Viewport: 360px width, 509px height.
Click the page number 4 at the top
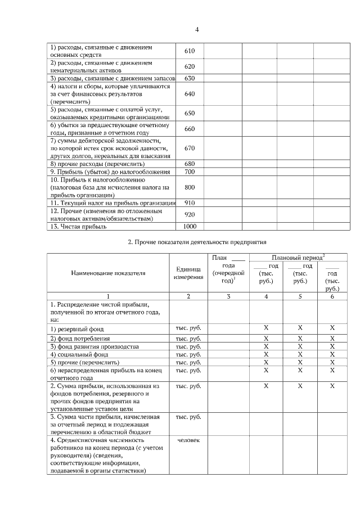click(197, 30)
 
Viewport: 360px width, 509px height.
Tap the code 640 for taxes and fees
click(189, 94)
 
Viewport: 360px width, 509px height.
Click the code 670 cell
click(189, 148)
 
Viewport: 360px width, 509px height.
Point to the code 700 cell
click(189, 172)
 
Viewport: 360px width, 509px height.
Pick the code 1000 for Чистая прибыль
click(189, 227)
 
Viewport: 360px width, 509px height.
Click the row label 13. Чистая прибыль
click(79, 227)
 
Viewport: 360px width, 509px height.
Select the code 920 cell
click(189, 214)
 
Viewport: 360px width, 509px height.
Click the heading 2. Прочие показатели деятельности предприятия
click(197, 242)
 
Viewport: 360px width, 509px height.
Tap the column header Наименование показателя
click(108, 273)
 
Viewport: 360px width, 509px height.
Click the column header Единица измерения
click(188, 273)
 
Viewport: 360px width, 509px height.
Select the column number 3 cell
click(224, 296)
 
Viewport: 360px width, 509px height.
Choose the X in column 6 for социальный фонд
click(332, 354)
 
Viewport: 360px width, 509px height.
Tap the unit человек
click(188, 440)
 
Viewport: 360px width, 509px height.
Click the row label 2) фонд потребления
click(80, 339)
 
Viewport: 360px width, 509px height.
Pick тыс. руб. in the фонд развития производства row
click(188, 346)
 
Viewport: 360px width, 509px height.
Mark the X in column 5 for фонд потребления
click(300, 339)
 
